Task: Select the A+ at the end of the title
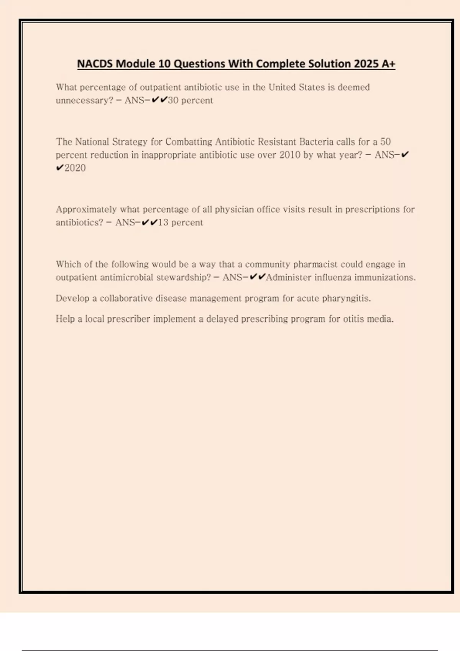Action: click(388, 64)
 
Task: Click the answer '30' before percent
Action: click(173, 100)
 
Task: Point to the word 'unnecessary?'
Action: click(84, 100)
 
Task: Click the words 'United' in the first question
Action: click(282, 87)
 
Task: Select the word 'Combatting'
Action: click(189, 142)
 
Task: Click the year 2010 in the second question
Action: click(289, 155)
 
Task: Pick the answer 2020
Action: click(75, 168)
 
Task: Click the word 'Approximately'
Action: click(86, 209)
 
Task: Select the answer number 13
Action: click(163, 222)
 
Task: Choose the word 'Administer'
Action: click(288, 277)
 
